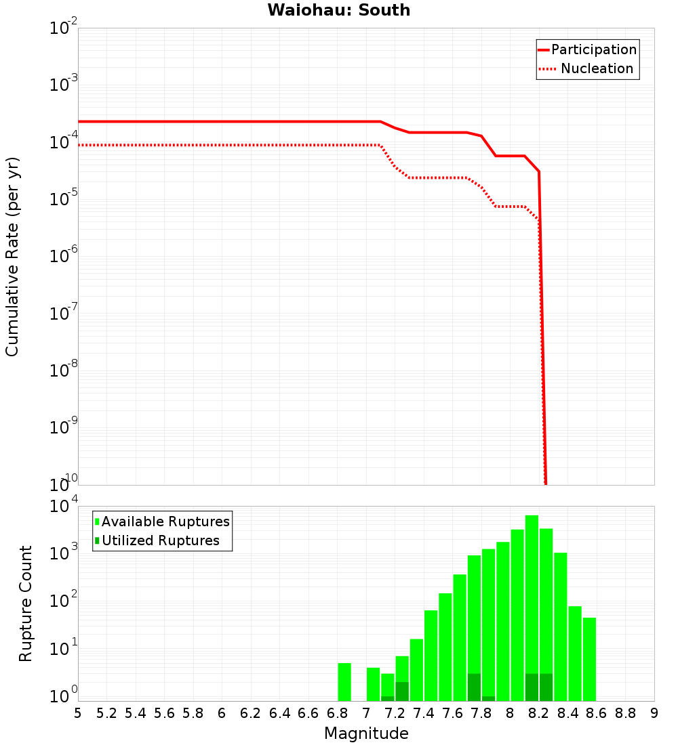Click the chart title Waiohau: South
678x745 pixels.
tap(338, 10)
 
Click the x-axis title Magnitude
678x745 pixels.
tap(366, 733)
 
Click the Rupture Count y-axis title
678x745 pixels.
tap(26, 603)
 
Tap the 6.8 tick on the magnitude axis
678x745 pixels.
tap(338, 713)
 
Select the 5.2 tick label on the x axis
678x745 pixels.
tap(107, 713)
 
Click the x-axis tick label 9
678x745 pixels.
tap(654, 713)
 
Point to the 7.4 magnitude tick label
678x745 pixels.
tap(424, 713)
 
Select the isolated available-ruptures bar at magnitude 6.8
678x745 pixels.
tap(344, 682)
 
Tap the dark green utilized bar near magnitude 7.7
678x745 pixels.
tap(474, 687)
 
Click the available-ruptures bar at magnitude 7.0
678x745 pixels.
tap(373, 684)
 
